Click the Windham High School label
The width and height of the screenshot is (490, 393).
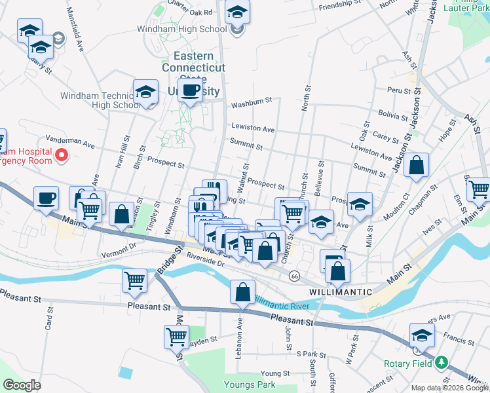coord(181,29)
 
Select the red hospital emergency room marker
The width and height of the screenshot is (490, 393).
coord(62,155)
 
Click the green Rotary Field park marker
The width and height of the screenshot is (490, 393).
coord(442,362)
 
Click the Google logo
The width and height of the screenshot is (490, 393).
coord(23,384)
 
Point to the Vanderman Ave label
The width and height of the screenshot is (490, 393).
coord(69,140)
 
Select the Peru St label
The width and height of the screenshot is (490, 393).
coord(398,90)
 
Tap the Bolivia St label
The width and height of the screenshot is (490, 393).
coord(393,115)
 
